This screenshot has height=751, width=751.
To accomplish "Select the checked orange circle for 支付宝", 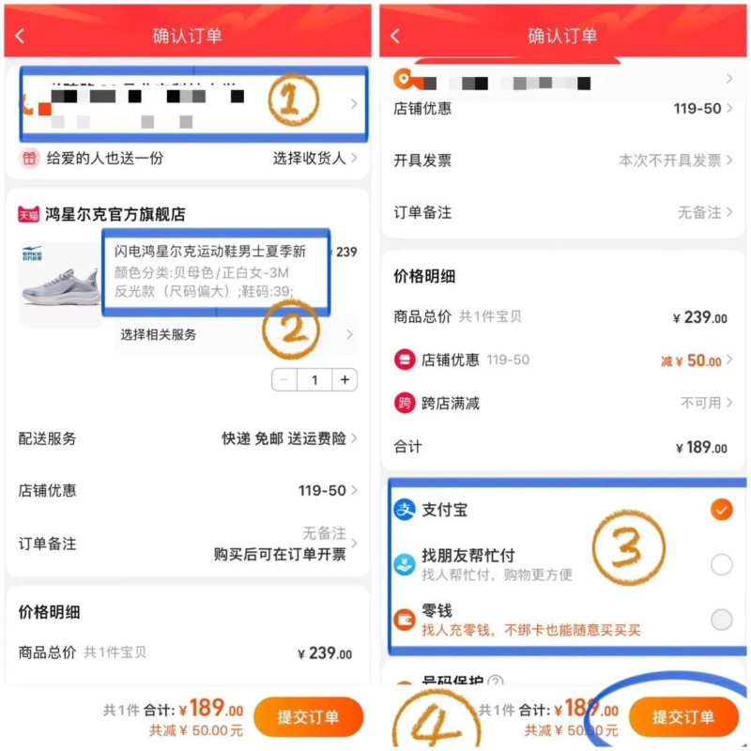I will click(x=721, y=510).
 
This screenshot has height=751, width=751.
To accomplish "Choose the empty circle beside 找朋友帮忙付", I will click(x=721, y=564).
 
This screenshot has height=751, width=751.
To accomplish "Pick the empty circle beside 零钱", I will click(x=721, y=620).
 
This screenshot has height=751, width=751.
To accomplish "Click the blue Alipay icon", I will click(x=405, y=510).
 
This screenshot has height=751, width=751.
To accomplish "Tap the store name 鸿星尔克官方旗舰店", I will click(x=115, y=214).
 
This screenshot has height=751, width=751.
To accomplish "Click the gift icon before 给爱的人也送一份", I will click(x=29, y=159).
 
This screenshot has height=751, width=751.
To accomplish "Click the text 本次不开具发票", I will click(x=668, y=161).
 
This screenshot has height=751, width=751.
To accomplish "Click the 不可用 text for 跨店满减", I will click(x=700, y=403).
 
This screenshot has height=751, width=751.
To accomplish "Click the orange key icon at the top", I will click(x=404, y=79).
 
